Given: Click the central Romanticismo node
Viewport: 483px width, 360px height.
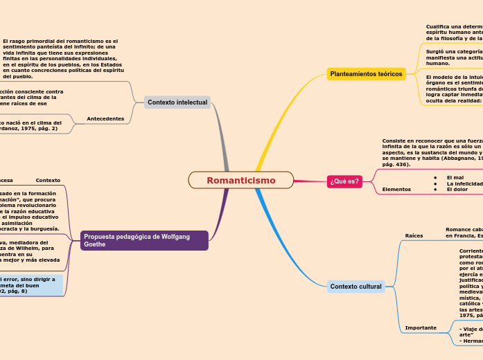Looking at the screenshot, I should click(240, 180).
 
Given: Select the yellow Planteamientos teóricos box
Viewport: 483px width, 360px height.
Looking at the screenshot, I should click(366, 73).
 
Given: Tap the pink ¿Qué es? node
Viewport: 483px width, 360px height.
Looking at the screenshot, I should click(344, 181).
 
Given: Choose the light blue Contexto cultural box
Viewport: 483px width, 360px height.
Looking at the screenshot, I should click(355, 287).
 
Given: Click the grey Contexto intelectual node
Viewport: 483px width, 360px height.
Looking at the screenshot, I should click(177, 102).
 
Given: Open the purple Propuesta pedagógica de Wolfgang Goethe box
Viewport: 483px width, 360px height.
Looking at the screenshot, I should click(144, 240).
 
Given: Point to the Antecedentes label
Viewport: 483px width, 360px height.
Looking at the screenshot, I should click(105, 119).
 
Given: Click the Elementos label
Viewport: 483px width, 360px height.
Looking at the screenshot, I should click(396, 189).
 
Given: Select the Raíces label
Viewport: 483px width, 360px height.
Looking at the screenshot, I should click(414, 235).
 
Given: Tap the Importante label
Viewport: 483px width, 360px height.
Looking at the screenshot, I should click(421, 327).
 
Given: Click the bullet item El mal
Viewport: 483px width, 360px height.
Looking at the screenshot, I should click(455, 177).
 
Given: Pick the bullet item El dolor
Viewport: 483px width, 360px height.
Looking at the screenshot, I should click(457, 189).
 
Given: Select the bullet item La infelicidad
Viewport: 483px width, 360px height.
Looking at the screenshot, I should click(464, 183).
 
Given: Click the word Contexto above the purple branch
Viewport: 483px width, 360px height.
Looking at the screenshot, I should click(48, 180).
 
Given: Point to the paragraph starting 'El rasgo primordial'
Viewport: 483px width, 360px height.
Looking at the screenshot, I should click(62, 59).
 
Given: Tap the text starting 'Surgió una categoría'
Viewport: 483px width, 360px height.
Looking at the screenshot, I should click(454, 57).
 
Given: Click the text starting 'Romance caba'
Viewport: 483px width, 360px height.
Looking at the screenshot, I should click(464, 232).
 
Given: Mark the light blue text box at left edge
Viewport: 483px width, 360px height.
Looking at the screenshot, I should click(31, 285).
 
